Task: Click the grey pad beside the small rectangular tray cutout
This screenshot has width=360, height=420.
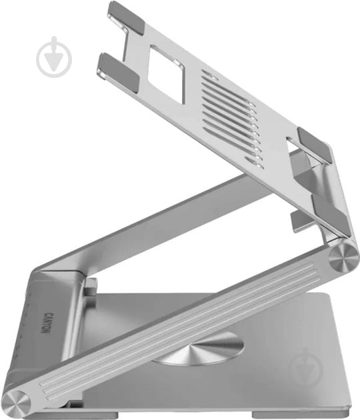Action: (315, 144)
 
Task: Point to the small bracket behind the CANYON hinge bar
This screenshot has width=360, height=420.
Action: (90, 287)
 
